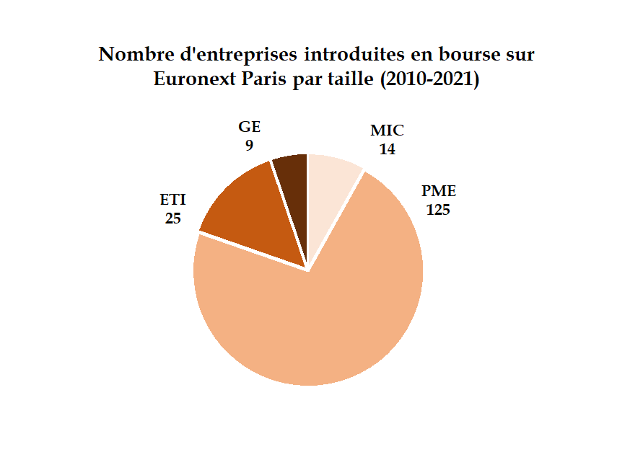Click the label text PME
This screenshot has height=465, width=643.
[x=439, y=192]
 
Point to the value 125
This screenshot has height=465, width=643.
[x=439, y=211]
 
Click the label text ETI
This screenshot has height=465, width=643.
[x=172, y=199]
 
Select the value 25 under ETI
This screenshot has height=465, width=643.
[x=172, y=218]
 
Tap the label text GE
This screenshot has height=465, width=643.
[x=249, y=127]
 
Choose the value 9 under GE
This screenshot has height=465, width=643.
[x=249, y=145]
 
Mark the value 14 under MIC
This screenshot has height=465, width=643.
[x=387, y=149]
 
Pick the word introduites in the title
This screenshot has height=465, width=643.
[x=355, y=55]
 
